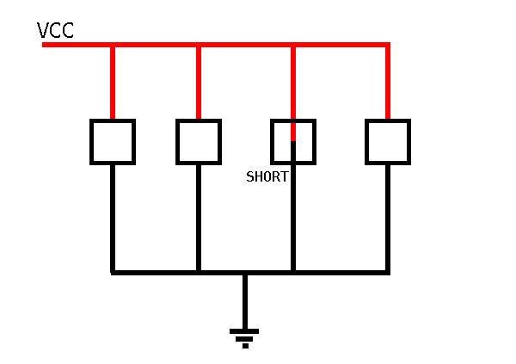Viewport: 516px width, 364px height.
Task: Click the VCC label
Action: point(55,30)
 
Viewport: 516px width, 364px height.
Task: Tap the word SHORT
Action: point(267,177)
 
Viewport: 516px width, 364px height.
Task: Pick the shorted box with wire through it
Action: point(272,142)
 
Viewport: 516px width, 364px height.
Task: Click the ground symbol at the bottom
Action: point(244,338)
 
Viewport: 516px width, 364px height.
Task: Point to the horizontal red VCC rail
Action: point(216,45)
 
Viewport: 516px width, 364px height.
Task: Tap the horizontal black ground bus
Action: point(250,273)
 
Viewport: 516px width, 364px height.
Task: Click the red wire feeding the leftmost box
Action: point(113,83)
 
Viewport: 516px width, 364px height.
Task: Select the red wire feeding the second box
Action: point(199,83)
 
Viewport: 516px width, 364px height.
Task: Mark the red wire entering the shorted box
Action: point(293,94)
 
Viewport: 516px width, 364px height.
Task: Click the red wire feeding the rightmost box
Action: point(388,83)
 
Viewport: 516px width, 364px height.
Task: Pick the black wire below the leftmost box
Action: point(113,218)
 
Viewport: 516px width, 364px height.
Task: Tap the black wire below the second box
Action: point(199,218)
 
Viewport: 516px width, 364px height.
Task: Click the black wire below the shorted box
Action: point(293,206)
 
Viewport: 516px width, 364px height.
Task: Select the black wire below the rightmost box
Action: point(388,218)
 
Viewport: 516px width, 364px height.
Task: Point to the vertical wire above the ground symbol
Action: point(245,302)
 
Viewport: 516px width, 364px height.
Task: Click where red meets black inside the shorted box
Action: point(293,141)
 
